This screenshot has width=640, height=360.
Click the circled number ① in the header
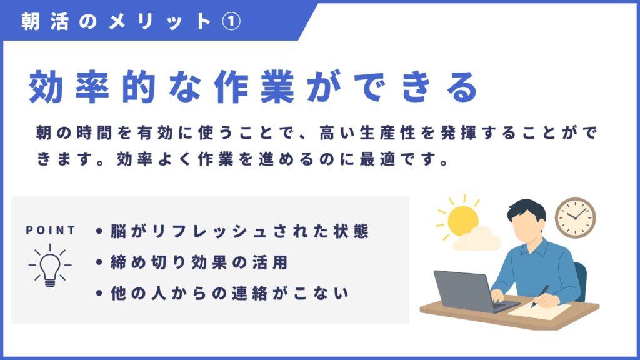pyautogui.click(x=231, y=21)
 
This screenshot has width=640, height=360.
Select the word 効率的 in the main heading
pyautogui.click(x=92, y=86)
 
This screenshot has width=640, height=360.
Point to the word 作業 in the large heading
pyautogui.click(x=254, y=86)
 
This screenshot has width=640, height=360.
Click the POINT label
pyautogui.click(x=51, y=231)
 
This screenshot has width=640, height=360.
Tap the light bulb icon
pyautogui.click(x=50, y=266)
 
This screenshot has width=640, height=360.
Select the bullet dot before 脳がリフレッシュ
pyautogui.click(x=99, y=231)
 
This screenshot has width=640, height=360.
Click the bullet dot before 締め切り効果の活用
pyautogui.click(x=99, y=262)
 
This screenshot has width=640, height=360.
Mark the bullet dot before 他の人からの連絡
pyautogui.click(x=99, y=293)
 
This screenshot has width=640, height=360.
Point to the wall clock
pyautogui.click(x=575, y=218)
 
